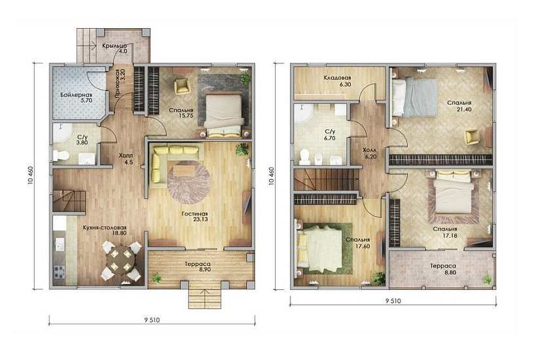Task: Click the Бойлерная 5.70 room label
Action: pos(77,98)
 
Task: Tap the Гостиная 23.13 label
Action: pos(195,217)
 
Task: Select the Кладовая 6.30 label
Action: pos(338,81)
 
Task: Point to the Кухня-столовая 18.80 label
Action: pos(105,230)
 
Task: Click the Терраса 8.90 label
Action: pos(197,266)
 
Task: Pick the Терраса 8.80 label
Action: pos(443,269)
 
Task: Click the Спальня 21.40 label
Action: pos(459,106)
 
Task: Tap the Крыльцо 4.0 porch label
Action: pos(115,48)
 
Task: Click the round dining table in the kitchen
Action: pos(121,260)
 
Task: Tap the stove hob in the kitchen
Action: pos(59,272)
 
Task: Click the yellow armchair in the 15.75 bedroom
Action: pos(182,86)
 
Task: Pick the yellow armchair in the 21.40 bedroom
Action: pos(472,136)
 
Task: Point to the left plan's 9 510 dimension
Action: pos(152,319)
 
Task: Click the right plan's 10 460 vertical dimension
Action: pos(272,176)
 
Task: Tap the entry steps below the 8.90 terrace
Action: pos(205,298)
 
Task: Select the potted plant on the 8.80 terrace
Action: pos(487,279)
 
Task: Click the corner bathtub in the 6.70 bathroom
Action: pos(304,113)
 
